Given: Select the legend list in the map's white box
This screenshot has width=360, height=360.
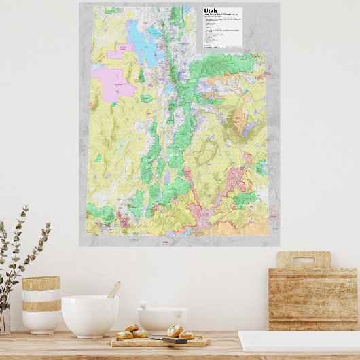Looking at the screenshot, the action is point(221,33).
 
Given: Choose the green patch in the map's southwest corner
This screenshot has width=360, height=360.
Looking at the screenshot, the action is point(100,211).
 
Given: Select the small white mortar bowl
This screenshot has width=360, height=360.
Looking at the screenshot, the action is point(162,320).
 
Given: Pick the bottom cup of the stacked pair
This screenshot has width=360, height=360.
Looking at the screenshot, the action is point(41,319).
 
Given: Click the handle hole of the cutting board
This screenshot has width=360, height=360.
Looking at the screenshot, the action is point(303,259).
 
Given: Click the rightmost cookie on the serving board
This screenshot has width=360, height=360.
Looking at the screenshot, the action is point(186,334).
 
